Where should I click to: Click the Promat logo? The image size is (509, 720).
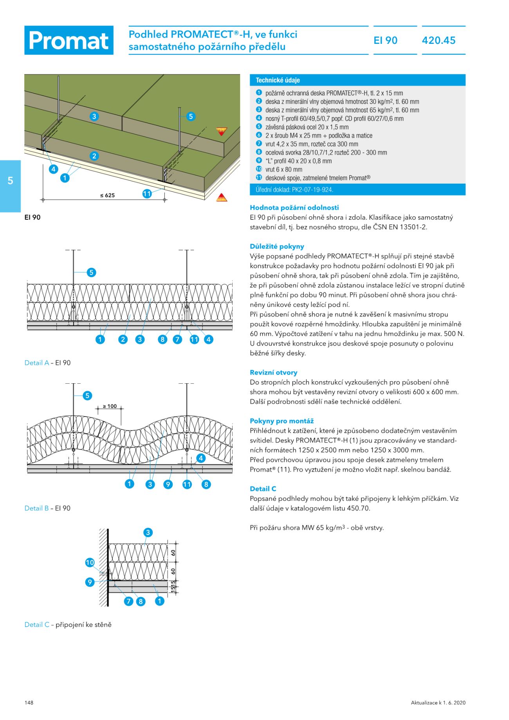click(x=69, y=40)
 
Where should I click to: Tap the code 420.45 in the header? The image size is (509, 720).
click(x=439, y=40)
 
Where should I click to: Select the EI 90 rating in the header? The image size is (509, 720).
click(x=385, y=40)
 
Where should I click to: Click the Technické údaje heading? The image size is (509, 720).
click(x=278, y=80)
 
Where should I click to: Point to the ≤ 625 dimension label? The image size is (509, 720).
click(x=107, y=195)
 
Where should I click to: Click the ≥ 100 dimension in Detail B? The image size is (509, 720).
click(x=110, y=406)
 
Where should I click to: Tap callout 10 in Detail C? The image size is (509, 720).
click(x=90, y=563)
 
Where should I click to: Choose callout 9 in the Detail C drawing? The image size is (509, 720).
click(x=90, y=582)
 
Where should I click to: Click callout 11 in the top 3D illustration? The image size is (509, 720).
click(x=147, y=194)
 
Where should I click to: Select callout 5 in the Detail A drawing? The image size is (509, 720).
click(x=91, y=272)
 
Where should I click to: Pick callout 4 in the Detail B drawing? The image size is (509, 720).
click(x=201, y=458)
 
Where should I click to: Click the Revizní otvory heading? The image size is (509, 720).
click(x=273, y=373)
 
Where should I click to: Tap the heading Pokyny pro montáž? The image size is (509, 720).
click(x=282, y=421)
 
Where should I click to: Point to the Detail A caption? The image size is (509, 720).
click(x=47, y=363)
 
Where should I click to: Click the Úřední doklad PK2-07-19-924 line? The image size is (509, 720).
click(x=294, y=190)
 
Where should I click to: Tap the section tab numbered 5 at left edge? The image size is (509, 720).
click(x=11, y=181)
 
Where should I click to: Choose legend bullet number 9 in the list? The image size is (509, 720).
click(x=259, y=161)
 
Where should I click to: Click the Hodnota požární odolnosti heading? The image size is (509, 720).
click(x=294, y=208)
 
